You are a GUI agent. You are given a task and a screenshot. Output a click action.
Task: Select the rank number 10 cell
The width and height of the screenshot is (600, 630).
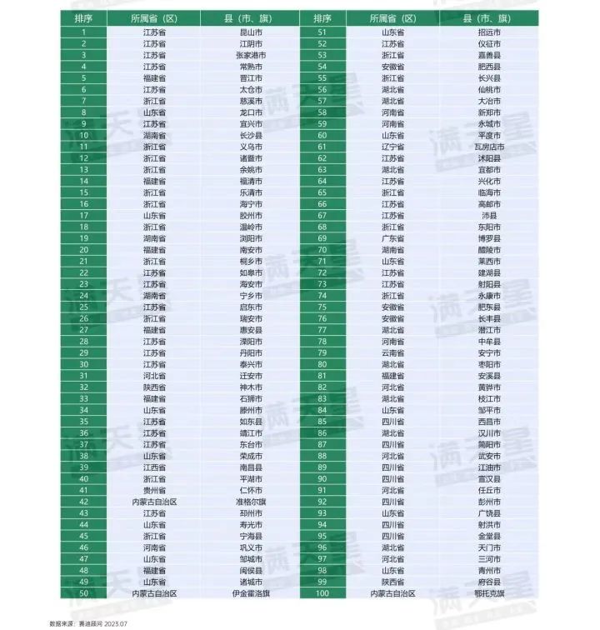point(84,135)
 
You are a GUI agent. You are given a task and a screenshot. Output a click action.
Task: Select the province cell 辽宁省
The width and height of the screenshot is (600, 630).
point(393,147)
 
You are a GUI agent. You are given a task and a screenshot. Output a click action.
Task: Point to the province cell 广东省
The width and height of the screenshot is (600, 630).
point(393,238)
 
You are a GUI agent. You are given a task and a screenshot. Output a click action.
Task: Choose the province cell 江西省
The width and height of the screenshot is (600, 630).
point(155,467)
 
